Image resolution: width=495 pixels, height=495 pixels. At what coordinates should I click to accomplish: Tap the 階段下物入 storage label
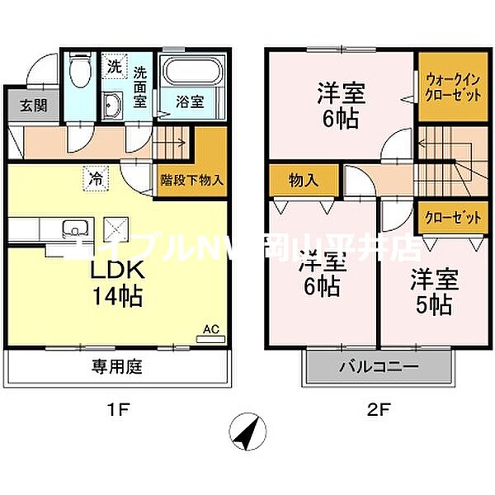pos(191,179)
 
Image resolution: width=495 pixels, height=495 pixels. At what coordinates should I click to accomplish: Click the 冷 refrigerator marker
pos(97,177)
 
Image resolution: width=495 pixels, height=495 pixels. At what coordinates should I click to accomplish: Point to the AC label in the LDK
pos(211,330)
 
